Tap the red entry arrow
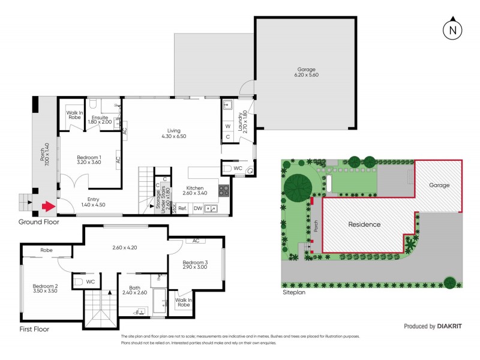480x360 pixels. pos(46,208)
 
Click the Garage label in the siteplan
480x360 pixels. pos(439,185)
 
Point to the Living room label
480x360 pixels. pos(174,133)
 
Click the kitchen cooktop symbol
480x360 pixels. pos(223,191)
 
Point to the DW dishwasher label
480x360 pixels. pos(197,208)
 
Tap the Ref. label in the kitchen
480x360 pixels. pos(182,208)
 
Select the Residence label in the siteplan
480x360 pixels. pos(365,224)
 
